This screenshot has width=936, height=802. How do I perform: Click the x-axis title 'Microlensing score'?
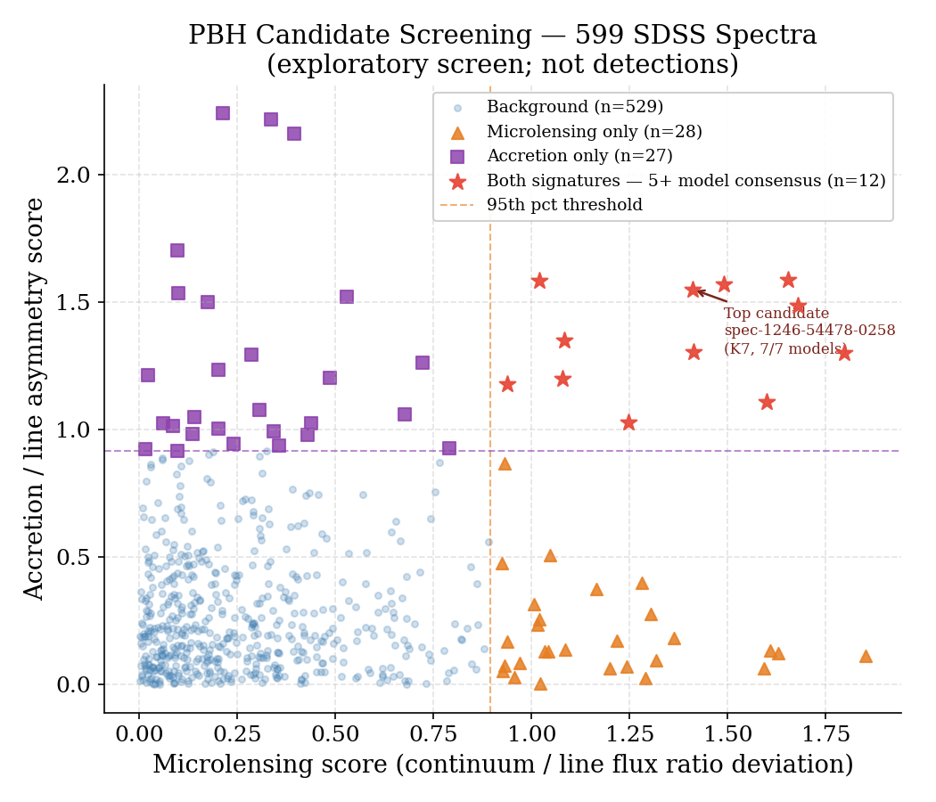pos(503,765)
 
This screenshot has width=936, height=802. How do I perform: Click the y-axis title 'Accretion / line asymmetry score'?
pos(35,398)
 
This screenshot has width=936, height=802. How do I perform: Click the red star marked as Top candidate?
pos(694,290)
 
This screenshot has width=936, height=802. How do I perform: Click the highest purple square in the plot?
pos(223,113)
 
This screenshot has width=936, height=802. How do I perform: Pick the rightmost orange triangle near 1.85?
pos(866,656)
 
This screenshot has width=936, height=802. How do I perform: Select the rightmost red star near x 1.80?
pos(844,353)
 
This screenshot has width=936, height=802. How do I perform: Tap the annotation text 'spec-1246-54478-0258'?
pos(809,331)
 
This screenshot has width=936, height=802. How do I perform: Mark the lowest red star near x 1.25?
pos(628,422)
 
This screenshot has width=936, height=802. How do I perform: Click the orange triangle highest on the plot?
pos(505,463)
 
